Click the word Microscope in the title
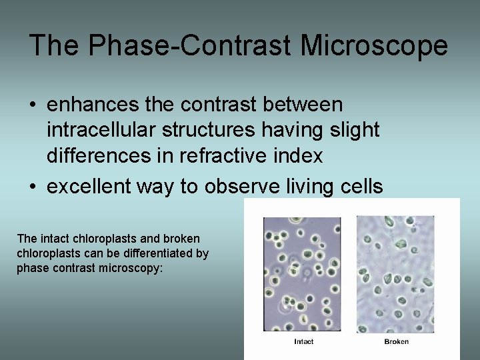(x=374, y=46)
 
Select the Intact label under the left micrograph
(x=303, y=342)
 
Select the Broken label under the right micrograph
(x=397, y=342)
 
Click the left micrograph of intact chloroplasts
(x=302, y=273)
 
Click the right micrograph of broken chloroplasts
(x=395, y=273)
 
